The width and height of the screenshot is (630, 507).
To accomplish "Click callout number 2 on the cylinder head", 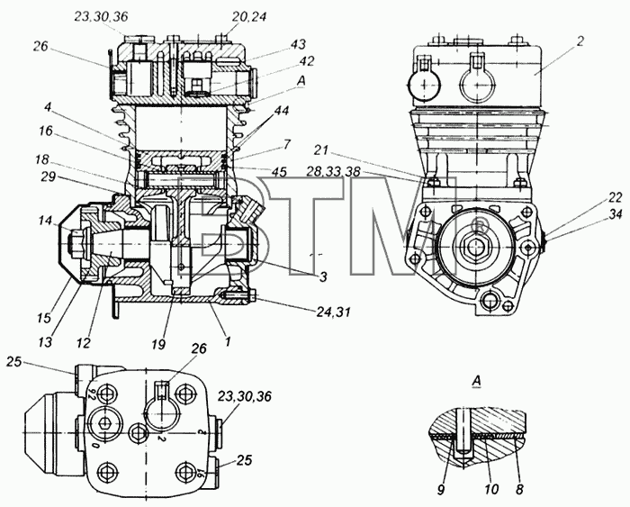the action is tap(580, 41).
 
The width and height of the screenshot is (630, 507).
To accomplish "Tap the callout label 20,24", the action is tap(249, 17).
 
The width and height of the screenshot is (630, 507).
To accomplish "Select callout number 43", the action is tap(298, 44).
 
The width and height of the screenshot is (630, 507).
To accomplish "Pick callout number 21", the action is tap(321, 150).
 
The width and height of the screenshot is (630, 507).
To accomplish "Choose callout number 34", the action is tap(615, 215).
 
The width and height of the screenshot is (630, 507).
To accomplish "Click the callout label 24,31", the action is tap(333, 312).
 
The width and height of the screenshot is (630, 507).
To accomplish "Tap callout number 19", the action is tap(158, 344).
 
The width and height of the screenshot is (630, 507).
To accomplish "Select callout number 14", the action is tap(45, 221).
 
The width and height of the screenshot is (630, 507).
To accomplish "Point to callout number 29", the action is tap(48, 177).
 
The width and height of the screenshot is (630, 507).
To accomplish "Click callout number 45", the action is tap(279, 172).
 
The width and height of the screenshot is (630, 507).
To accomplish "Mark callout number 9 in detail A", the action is tap(441, 490).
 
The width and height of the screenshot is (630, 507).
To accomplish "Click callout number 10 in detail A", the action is tap(491, 489).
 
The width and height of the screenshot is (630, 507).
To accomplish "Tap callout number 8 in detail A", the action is tap(519, 489).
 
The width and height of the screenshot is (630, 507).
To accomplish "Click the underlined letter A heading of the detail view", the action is tap(476, 381).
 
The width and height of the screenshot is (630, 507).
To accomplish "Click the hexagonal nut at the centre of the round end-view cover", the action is tap(476, 245).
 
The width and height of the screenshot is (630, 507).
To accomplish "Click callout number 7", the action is tap(287, 144).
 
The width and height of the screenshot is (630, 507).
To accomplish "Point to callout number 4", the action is tap(48, 109).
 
